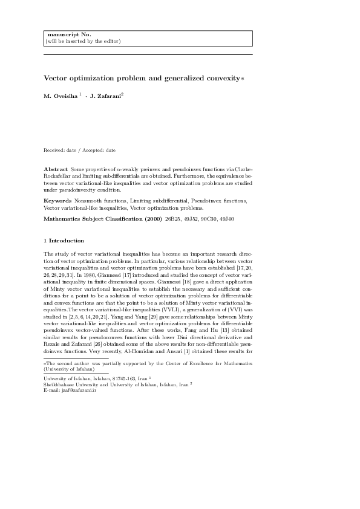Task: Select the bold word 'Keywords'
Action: (57, 199)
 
